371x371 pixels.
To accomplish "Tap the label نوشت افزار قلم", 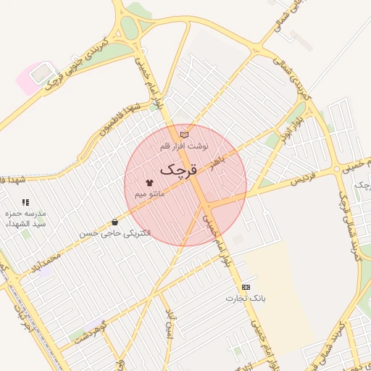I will (x=184, y=146).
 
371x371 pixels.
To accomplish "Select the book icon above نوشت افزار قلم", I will (x=184, y=134).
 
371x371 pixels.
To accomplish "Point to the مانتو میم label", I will (x=151, y=194).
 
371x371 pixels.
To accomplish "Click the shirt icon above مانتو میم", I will (x=149, y=183).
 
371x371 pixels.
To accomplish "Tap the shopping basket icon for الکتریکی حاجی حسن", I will (x=114, y=222).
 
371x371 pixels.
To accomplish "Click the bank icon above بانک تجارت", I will (x=246, y=286).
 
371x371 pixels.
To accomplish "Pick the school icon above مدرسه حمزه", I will (x=26, y=203).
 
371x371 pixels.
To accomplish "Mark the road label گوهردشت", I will (x=90, y=330).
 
